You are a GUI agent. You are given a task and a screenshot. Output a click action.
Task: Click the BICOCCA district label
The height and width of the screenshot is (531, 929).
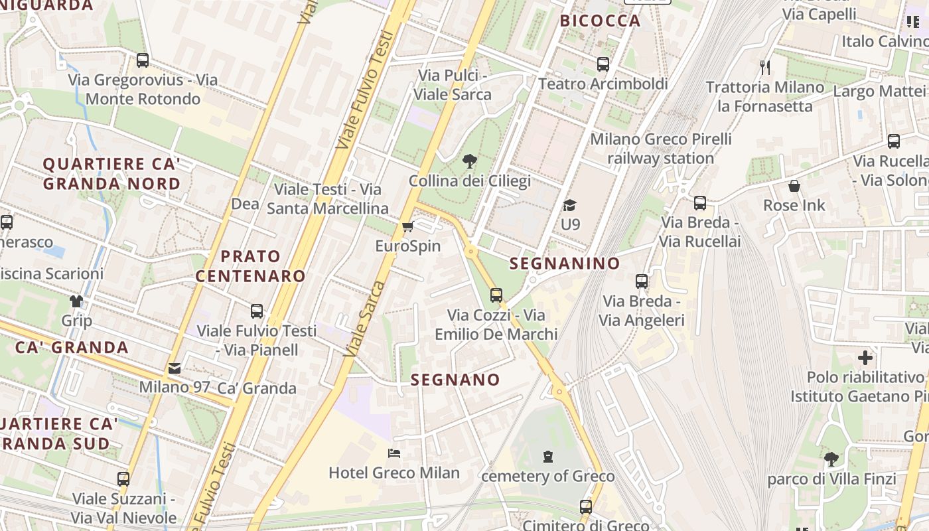[x=600, y=21]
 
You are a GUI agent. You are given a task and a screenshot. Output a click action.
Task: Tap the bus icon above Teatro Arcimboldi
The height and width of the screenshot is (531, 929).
[x=603, y=64]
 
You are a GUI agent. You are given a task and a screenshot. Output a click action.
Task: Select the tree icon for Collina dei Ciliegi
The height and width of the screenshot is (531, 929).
[x=470, y=161]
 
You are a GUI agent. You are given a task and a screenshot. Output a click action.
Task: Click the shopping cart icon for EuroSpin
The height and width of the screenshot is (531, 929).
[x=407, y=227]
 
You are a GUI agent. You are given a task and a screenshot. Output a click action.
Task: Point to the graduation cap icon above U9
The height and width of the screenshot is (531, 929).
[x=569, y=205]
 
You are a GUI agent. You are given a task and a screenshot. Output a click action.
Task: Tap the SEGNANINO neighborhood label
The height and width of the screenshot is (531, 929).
[x=565, y=264]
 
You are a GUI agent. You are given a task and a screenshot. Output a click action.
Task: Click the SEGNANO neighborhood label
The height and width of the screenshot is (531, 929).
[x=455, y=380]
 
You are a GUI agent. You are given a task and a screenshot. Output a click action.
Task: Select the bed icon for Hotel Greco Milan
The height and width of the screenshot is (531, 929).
[x=393, y=453]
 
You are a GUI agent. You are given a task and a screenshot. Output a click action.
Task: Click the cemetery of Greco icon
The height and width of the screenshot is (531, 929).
[x=548, y=457]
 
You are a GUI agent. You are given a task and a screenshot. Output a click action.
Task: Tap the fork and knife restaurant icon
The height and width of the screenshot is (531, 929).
[x=765, y=67]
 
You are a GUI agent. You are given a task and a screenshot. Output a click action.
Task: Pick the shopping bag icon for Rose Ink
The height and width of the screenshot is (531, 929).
[x=794, y=186]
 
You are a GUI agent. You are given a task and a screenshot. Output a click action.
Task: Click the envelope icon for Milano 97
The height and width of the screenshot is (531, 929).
[x=174, y=368]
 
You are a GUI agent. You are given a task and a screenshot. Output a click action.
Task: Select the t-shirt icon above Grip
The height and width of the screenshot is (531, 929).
[x=76, y=301]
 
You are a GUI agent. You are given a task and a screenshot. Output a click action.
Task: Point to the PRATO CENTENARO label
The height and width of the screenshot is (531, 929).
[x=250, y=266]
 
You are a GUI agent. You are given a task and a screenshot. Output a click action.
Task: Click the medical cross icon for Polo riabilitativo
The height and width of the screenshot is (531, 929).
[x=865, y=358]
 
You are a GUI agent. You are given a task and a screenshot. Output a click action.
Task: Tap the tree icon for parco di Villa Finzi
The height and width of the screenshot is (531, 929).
[x=831, y=459]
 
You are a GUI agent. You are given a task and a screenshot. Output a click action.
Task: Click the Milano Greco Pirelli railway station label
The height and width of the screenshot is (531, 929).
[x=660, y=149]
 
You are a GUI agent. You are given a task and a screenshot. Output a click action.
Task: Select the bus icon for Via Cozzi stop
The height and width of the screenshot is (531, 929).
[x=496, y=295]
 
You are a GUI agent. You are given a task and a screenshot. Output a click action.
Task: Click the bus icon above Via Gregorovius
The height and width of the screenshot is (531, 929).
[x=142, y=60]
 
